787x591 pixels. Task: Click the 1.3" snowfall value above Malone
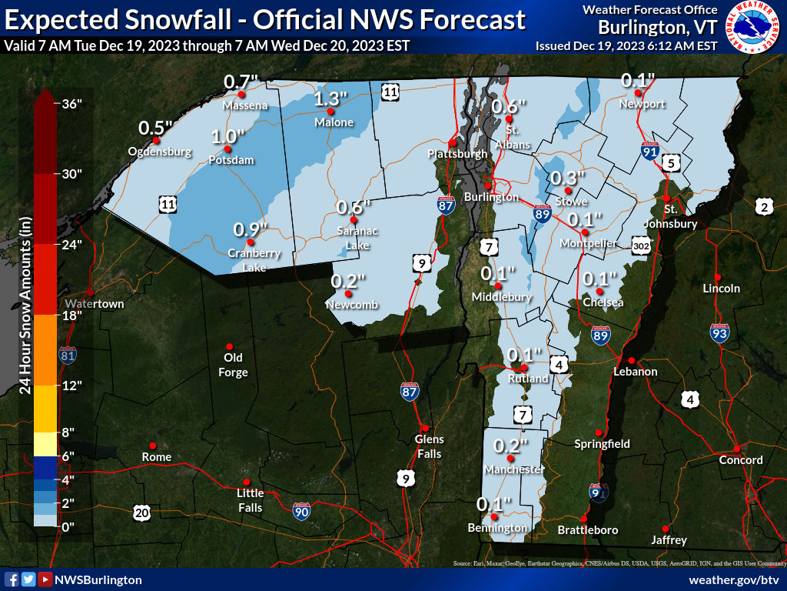coord(331,98)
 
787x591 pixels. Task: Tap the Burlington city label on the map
coord(496,198)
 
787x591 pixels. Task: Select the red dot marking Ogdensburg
coord(156,140)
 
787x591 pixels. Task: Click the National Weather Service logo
coord(753,28)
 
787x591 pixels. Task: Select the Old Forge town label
coord(233,365)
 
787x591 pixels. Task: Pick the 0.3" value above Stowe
coord(568,178)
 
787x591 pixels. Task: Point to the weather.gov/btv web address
coord(734,579)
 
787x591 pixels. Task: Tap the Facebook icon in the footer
coord(12,579)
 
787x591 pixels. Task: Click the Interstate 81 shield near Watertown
coord(68,355)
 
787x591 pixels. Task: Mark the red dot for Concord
coord(736,449)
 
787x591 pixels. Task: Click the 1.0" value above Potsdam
coord(227,136)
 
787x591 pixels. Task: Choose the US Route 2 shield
coord(763,205)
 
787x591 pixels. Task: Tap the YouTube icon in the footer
coord(45,579)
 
